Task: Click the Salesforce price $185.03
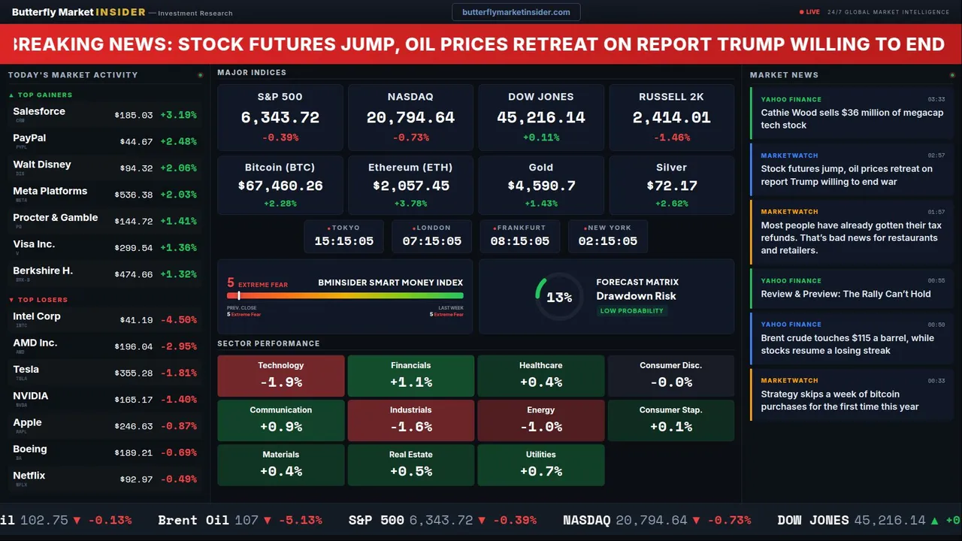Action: click(x=134, y=115)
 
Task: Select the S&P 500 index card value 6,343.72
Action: click(x=280, y=118)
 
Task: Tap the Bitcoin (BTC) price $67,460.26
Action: click(x=280, y=186)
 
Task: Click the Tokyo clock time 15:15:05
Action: click(x=343, y=241)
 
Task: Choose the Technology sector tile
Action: click(x=280, y=376)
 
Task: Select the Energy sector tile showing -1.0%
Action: click(x=540, y=420)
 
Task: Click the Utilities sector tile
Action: click(x=540, y=465)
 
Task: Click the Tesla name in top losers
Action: click(x=26, y=370)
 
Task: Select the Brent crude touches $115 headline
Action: click(x=847, y=344)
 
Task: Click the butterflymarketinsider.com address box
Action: click(x=516, y=12)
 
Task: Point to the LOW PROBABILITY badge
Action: click(x=631, y=311)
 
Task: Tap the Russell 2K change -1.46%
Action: click(x=671, y=138)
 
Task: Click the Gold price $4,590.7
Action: click(x=541, y=186)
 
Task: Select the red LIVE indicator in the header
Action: click(x=809, y=12)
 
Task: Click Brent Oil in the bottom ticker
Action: click(x=189, y=520)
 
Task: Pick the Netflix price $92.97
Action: click(x=136, y=479)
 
